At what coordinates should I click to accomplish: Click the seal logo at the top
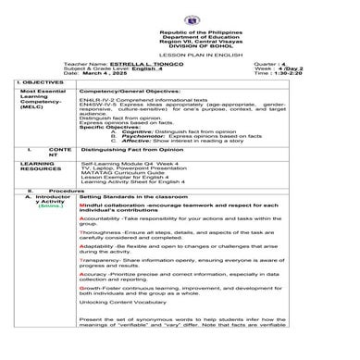pos(180,14)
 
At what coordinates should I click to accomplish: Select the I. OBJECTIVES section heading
pos(39,83)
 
